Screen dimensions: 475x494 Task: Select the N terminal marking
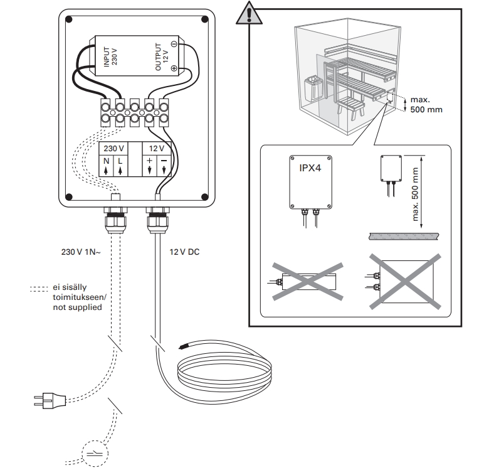pyautogui.click(x=106, y=161)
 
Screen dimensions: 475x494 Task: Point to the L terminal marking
pyautogui.click(x=120, y=161)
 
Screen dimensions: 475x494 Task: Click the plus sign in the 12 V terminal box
pyautogui.click(x=149, y=161)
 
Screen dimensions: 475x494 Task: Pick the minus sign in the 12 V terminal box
pyautogui.click(x=164, y=161)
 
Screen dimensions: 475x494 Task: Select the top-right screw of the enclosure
pyautogui.click(x=205, y=20)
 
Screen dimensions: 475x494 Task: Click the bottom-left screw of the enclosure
pyautogui.click(x=70, y=195)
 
